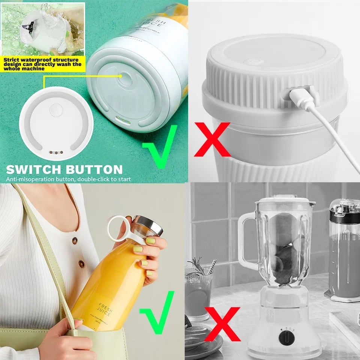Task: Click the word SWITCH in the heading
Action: coord(32,169)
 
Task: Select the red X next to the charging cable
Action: coord(212,139)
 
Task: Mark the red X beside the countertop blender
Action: coord(222,323)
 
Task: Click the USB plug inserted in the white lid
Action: coord(300,95)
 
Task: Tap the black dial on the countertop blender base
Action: coord(286,338)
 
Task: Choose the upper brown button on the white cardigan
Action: coord(75,240)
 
